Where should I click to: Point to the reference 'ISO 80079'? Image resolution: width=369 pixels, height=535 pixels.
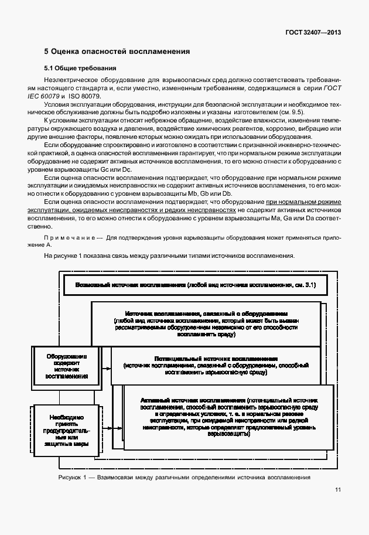[85, 96]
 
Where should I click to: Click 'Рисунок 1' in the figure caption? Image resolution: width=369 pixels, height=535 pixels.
[73, 478]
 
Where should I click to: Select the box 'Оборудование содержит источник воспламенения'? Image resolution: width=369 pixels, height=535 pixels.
[66, 366]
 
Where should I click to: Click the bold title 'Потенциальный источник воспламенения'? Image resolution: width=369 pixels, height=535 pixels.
[216, 357]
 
